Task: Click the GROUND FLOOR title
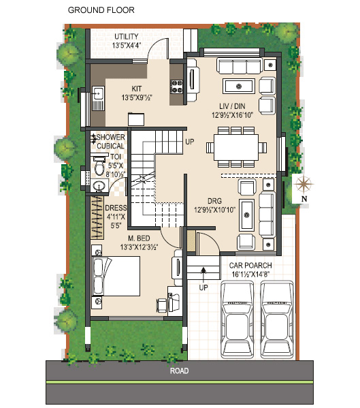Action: pos(101,10)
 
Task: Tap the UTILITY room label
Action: pos(127,36)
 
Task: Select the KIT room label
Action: pos(137,89)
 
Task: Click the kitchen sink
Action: pos(98,98)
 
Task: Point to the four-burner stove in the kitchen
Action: pos(176,87)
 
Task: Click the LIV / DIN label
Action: pos(232,106)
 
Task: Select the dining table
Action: pos(236,147)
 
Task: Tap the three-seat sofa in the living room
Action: pos(240,66)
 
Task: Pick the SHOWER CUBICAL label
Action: pos(110,142)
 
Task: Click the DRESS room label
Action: pos(116,208)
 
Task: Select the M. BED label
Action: pos(139,238)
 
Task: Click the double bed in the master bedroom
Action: pos(116,276)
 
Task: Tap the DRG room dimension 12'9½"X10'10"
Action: pos(214,210)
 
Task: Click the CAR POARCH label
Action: pos(250,266)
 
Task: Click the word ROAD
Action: pos(180,371)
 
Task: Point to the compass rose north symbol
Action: pos(303,184)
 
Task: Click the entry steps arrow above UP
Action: pos(203,274)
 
